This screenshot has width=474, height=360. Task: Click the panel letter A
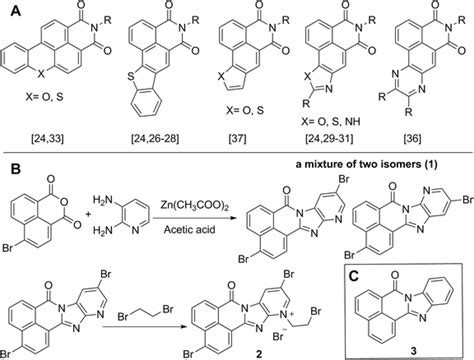[8, 9]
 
